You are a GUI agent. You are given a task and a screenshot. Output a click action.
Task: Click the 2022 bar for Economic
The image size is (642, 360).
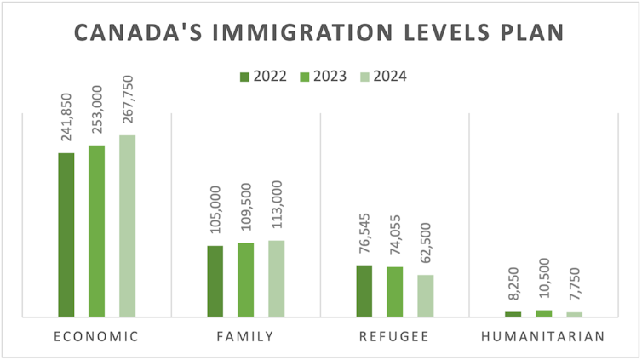click(x=66, y=235)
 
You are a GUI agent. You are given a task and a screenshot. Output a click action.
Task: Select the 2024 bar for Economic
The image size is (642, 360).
click(x=127, y=226)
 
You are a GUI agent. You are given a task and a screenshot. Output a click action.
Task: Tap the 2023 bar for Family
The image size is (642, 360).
click(x=245, y=280)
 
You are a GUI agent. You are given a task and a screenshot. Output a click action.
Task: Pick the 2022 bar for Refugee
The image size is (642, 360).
click(x=364, y=291)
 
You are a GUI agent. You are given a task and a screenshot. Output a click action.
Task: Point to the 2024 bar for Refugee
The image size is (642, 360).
click(x=425, y=296)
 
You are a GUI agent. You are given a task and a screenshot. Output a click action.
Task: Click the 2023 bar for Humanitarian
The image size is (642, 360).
click(x=543, y=313)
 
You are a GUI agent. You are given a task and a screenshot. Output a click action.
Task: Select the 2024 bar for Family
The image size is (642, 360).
click(x=276, y=279)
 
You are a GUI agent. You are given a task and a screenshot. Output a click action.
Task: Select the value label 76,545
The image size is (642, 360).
click(x=364, y=236)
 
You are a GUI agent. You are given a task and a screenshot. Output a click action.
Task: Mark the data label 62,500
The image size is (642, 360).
click(x=425, y=245)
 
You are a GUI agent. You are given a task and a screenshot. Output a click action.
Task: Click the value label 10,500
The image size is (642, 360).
click(x=543, y=282)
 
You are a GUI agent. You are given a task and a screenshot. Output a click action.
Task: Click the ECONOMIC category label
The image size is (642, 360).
click(x=95, y=336)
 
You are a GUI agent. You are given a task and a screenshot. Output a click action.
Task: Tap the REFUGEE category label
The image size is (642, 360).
click(x=394, y=336)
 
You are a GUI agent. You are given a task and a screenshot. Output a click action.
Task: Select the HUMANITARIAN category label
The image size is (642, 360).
click(x=543, y=336)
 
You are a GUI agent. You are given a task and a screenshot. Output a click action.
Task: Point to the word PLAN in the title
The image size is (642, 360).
click(x=532, y=33)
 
